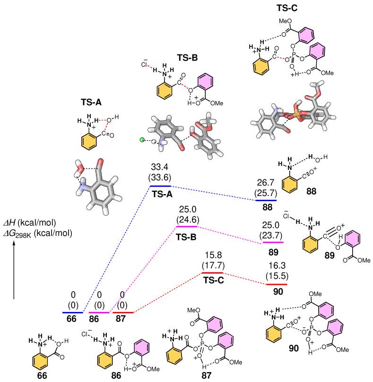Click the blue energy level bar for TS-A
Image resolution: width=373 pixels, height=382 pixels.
click(160, 187)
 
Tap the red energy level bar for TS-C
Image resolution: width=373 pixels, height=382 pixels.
click(212, 273)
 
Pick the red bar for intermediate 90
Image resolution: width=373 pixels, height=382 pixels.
click(277, 284)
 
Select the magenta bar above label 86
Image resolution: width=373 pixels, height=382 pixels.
click(99, 312)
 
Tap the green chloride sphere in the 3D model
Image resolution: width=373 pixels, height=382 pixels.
click(142, 140)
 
